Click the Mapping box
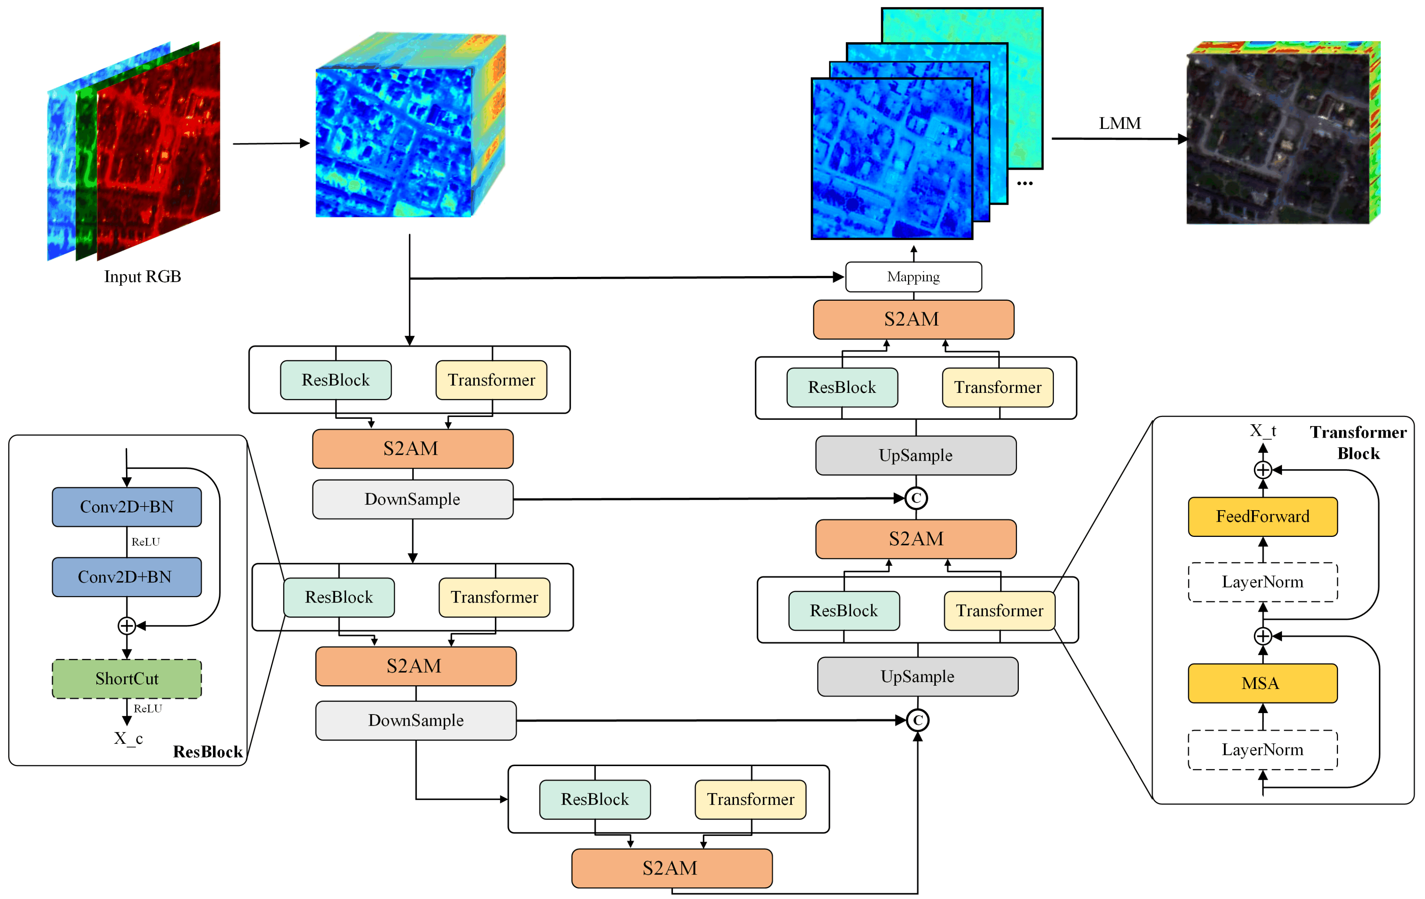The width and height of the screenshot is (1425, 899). coord(913,277)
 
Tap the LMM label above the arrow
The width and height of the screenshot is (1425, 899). coord(1120,123)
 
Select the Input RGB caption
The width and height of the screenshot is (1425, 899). coord(143,277)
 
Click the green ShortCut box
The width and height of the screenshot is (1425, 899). coord(127,678)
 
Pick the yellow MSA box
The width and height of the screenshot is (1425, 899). coord(1262,683)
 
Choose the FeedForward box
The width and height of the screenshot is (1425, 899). coord(1262,516)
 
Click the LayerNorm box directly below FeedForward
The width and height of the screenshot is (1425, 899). coord(1262,582)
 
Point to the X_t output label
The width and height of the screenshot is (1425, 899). coord(1262,431)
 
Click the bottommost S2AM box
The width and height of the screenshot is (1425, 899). coord(671,868)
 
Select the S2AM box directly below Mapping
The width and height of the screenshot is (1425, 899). coord(913,319)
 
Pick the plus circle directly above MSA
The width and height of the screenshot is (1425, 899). coord(1262,636)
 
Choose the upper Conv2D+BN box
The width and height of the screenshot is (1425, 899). coord(127,507)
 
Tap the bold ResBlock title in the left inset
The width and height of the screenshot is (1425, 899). coord(207,752)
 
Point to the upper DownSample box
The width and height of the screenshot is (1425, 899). coord(412,499)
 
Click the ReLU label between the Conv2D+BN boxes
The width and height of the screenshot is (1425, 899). coord(145,542)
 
